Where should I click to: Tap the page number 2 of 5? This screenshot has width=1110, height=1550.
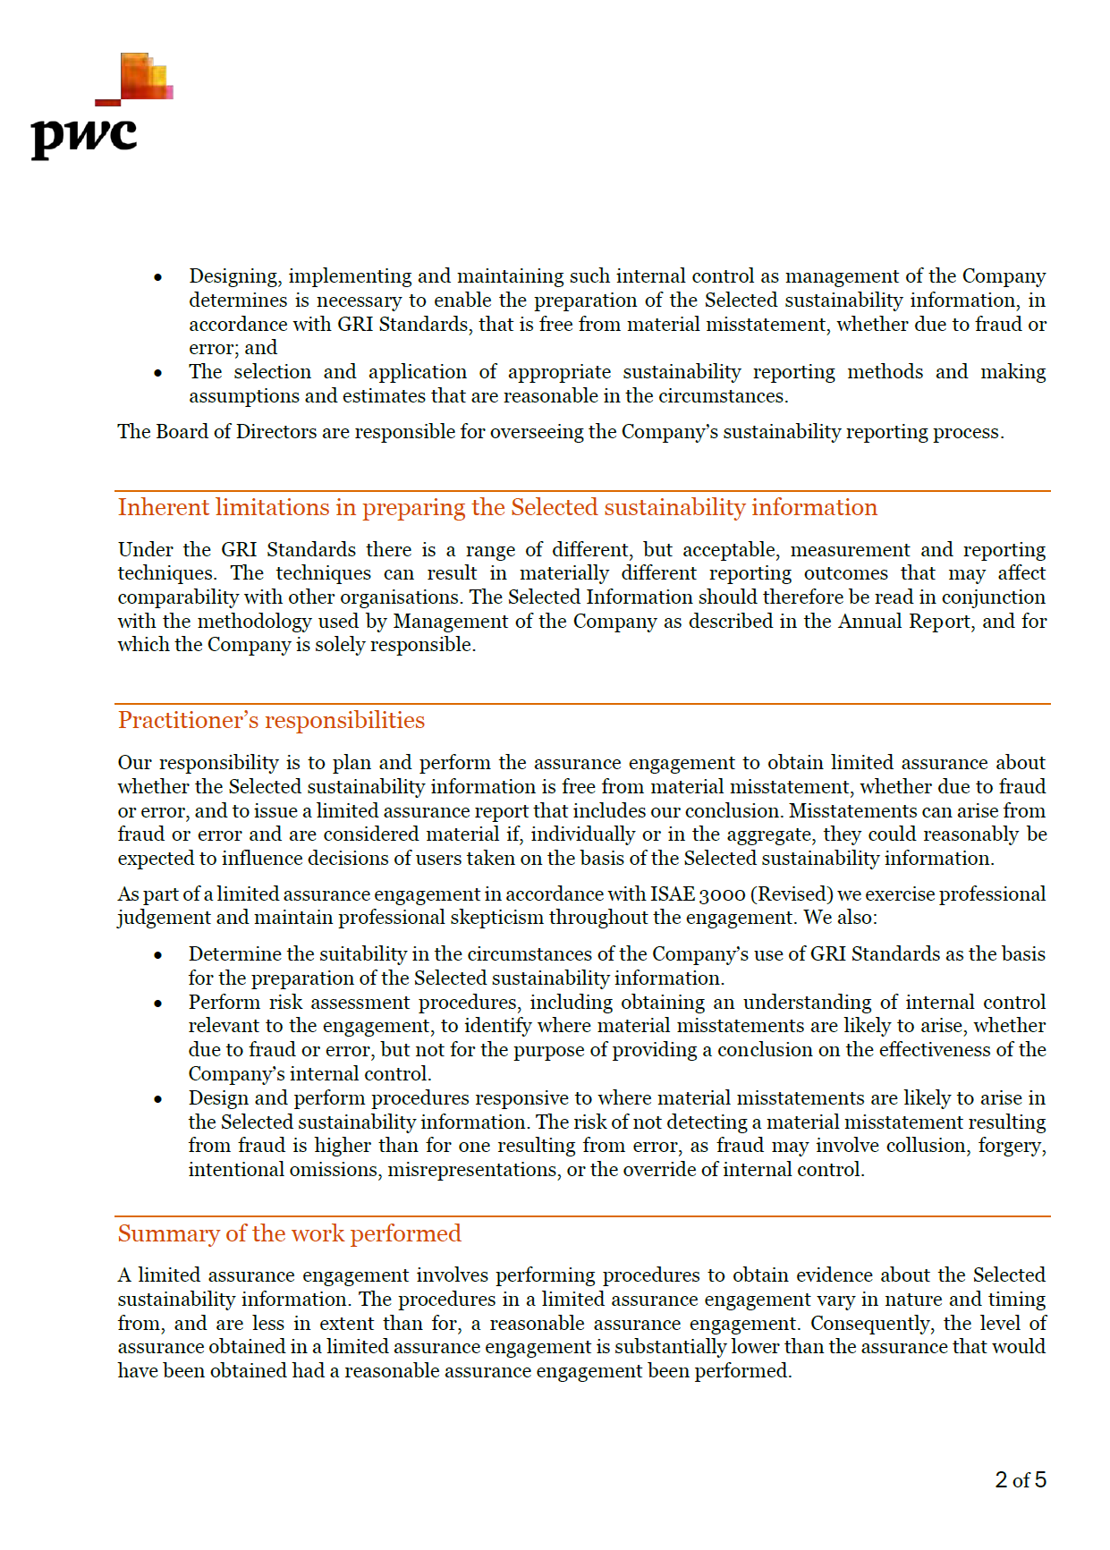tap(1020, 1480)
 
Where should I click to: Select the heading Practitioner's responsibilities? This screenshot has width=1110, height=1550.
tap(271, 721)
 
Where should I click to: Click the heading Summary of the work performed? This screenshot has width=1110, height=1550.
tap(289, 1234)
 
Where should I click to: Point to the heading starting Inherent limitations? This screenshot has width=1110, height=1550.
tap(497, 508)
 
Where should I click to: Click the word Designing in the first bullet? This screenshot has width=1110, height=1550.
tap(233, 276)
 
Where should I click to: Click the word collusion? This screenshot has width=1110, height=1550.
tap(924, 1146)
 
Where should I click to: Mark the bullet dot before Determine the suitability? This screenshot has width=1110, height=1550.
tap(158, 955)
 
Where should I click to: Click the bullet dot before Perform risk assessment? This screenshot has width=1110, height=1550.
tap(158, 1004)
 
